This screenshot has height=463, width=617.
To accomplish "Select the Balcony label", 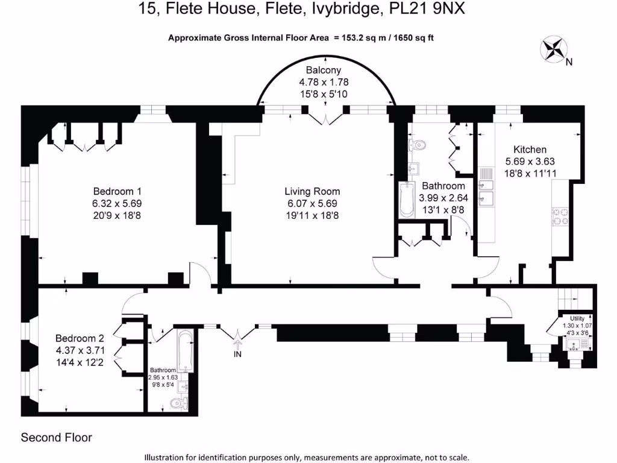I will click(324, 71).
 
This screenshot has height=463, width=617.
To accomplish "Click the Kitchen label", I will click(530, 150).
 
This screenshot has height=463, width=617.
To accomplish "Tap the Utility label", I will click(573, 318).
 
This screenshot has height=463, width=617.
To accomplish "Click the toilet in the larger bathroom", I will click(417, 145).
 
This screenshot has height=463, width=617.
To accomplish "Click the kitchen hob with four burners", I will click(561, 216).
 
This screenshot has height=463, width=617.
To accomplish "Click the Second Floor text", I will click(57, 437).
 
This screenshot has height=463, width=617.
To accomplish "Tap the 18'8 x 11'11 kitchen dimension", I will click(530, 173).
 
